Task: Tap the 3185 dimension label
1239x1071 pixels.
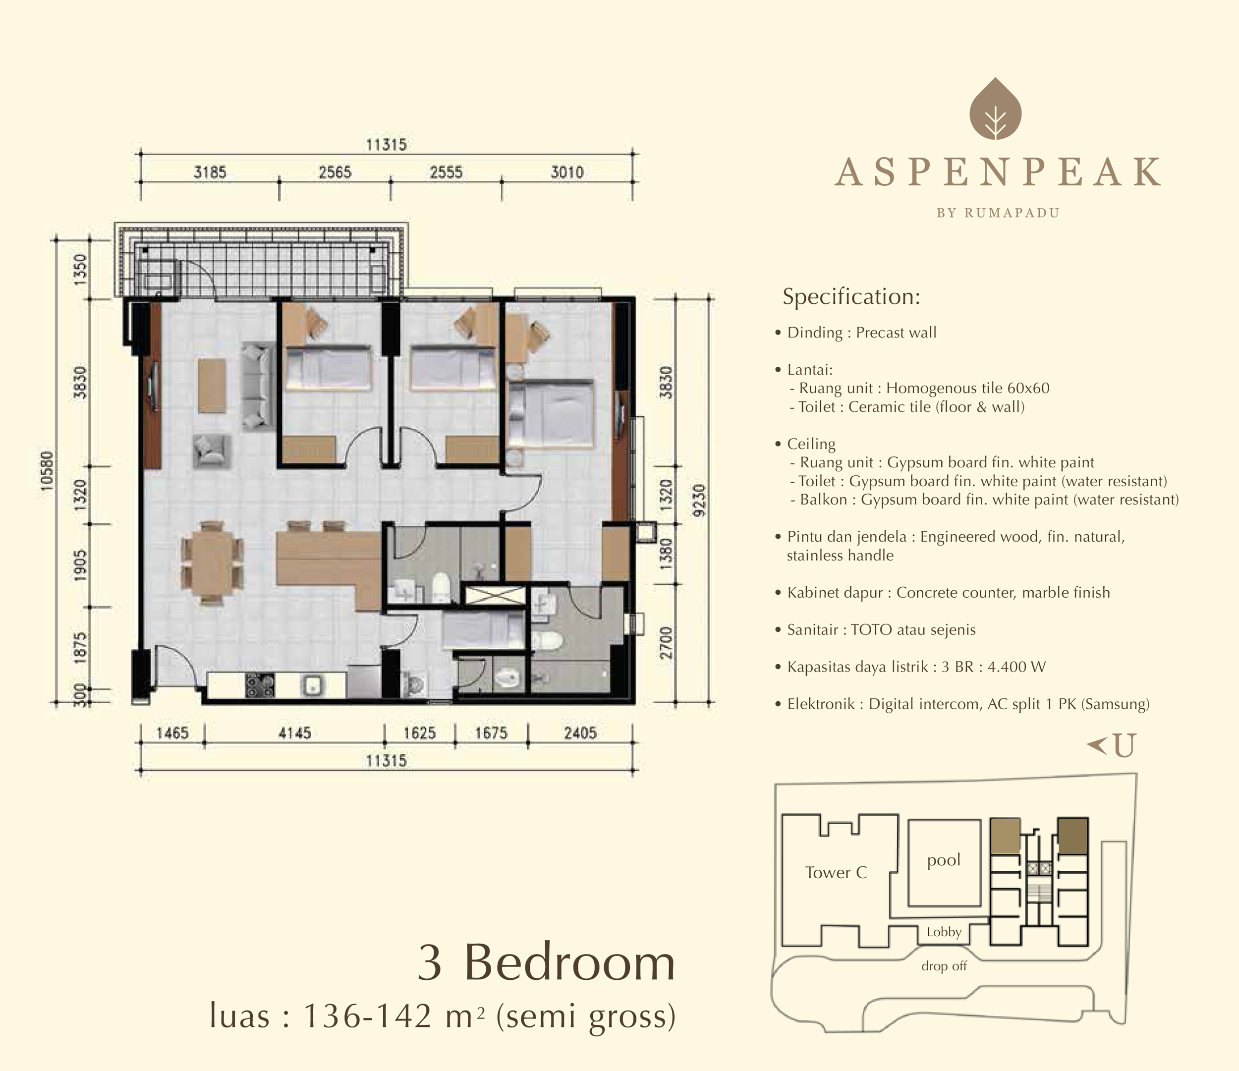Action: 210,173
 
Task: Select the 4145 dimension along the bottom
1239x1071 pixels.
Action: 295,733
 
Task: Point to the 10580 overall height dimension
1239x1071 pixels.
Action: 47,471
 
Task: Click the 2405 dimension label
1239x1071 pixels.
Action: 580,733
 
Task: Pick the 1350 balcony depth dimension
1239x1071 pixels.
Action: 81,269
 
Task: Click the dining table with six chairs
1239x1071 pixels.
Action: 212,564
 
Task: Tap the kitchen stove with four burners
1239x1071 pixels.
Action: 260,685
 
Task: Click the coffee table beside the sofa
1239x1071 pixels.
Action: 212,386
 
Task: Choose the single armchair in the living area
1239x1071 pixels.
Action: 212,451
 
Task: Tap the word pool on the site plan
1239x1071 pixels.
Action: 944,860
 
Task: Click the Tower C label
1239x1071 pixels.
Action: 836,872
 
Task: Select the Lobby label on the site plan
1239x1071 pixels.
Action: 944,932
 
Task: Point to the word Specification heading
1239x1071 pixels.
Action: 851,296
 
